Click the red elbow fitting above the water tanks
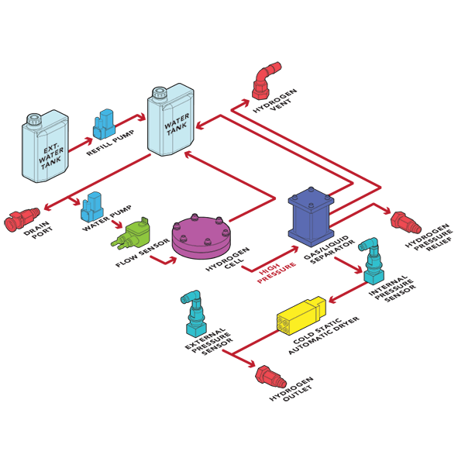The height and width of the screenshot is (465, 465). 264,82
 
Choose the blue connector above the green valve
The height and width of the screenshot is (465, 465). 92,205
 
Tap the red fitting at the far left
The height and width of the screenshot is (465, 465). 17,223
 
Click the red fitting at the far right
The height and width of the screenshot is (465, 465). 405,223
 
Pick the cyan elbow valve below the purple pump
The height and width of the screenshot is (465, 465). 192,313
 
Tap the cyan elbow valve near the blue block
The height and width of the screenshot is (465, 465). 372,261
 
